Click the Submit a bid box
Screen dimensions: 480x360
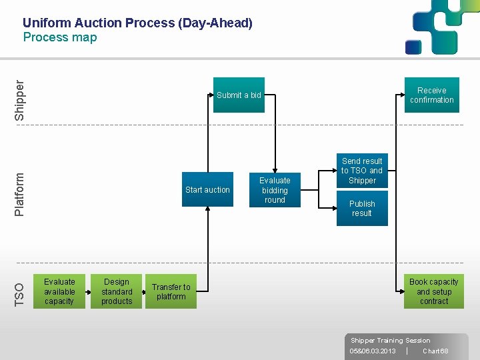coord(239,95)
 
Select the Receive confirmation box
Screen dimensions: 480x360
coord(431,95)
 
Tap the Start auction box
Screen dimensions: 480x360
coord(207,190)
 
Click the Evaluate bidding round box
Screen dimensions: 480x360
coord(275,190)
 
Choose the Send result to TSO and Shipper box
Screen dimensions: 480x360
coord(362,171)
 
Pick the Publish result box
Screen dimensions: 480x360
coord(362,209)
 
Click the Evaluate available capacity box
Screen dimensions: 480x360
coord(59,291)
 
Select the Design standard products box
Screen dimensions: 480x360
coord(117,291)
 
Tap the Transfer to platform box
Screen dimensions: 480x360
coord(171,291)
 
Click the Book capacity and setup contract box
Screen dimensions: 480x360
coord(433,291)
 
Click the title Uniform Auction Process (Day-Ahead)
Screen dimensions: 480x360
coord(137,23)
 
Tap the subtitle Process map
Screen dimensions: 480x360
coord(60,37)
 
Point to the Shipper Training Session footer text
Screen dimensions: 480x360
coord(390,341)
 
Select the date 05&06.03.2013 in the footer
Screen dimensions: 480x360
coord(373,351)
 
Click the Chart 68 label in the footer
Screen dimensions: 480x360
coord(435,351)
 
